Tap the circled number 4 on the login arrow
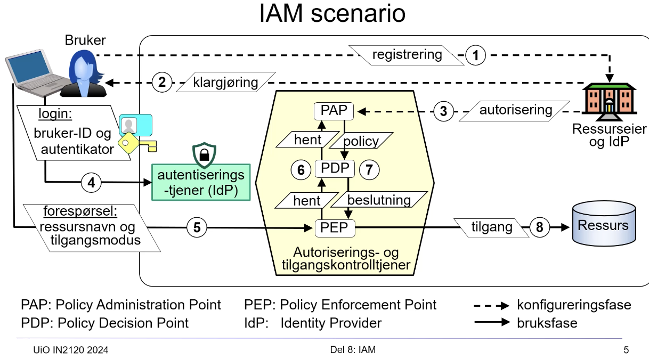[91, 182]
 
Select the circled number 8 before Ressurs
[539, 227]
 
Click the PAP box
[334, 111]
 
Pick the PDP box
[335, 169]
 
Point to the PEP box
[334, 228]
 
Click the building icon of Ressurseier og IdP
[607, 101]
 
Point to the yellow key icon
[133, 143]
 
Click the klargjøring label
[225, 83]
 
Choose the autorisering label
[515, 110]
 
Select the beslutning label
[379, 200]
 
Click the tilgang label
[491, 227]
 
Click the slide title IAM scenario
[332, 14]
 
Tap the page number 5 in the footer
[626, 350]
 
